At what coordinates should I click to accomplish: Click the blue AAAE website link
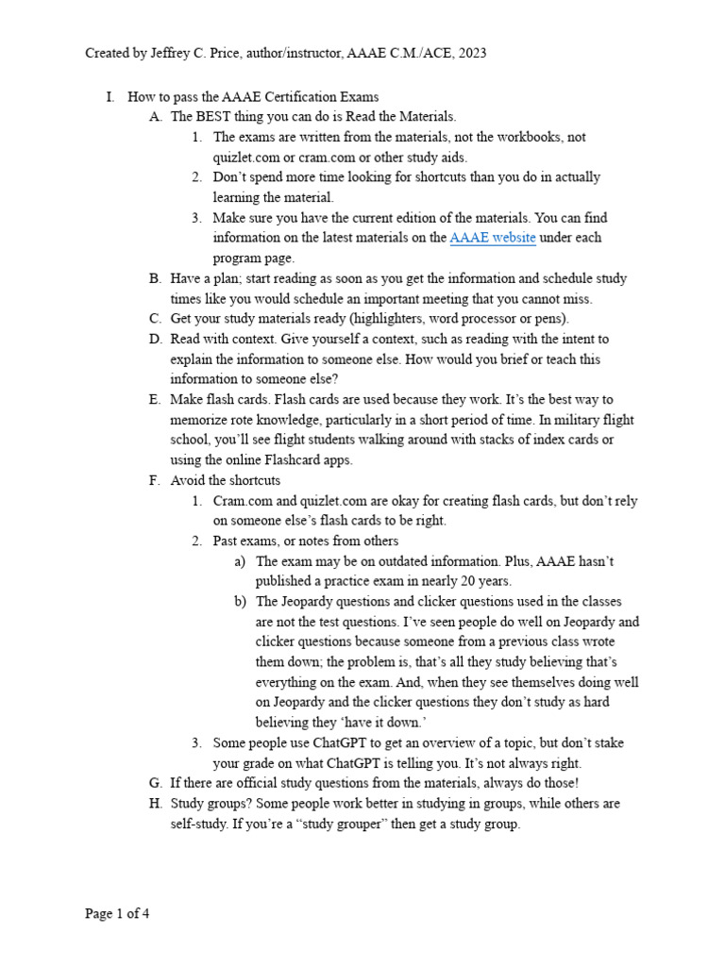coord(493,238)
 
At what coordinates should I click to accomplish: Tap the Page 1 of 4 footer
coord(117,914)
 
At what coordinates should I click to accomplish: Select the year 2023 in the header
coord(471,53)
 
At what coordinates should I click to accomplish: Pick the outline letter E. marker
coord(155,400)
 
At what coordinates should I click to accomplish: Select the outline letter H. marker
coord(156,804)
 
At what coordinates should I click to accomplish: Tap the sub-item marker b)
coord(241,602)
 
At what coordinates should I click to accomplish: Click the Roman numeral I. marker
coord(110,96)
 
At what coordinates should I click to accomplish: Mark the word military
coord(524,420)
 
